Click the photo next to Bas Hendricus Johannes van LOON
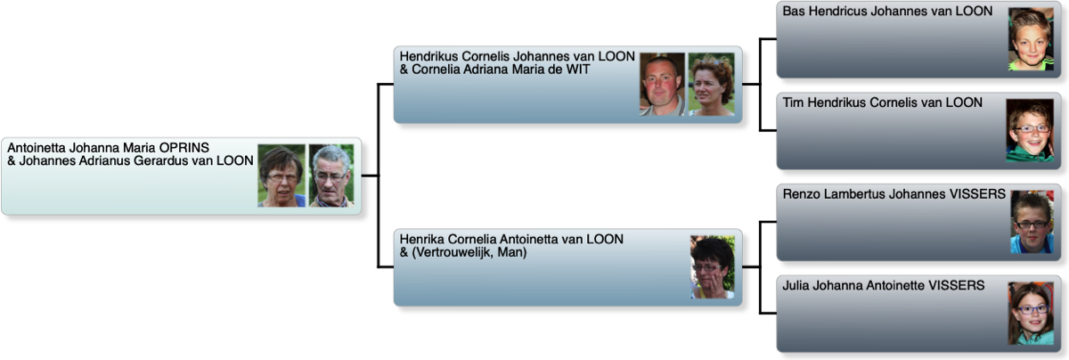tap(1031, 39)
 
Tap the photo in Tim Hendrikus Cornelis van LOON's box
tap(1029, 130)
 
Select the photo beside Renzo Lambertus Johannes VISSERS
tap(1031, 222)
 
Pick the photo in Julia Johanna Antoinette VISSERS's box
tap(1031, 313)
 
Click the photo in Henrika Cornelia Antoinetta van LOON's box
tap(713, 266)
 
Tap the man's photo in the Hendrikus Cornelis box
tap(662, 84)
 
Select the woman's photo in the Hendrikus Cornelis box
tap(711, 84)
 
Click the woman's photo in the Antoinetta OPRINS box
tap(282, 176)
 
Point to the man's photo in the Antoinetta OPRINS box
tap(331, 176)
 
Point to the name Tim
tap(794, 102)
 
